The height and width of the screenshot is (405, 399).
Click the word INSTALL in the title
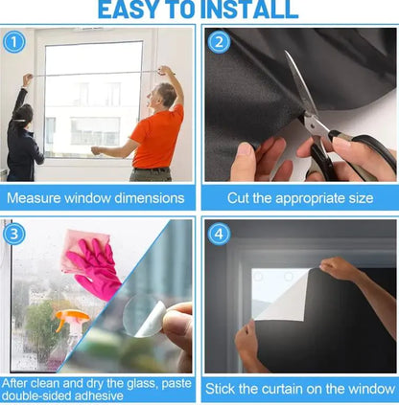click(x=245, y=11)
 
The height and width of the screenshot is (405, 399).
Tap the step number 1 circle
click(x=14, y=41)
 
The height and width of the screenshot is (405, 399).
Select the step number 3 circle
click(x=14, y=234)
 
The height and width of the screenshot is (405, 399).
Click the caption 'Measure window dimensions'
click(x=96, y=198)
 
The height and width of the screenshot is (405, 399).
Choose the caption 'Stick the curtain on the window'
click(x=299, y=390)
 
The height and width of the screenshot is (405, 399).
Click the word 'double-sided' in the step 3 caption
click(x=50, y=395)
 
